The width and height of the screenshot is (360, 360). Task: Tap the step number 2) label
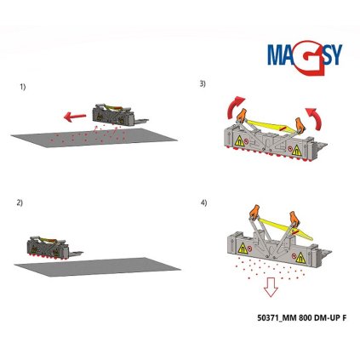[20, 203]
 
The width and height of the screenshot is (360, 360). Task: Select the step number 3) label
[203, 83]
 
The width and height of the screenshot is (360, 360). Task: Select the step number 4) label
[203, 203]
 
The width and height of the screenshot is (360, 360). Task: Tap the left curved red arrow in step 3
[231, 108]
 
